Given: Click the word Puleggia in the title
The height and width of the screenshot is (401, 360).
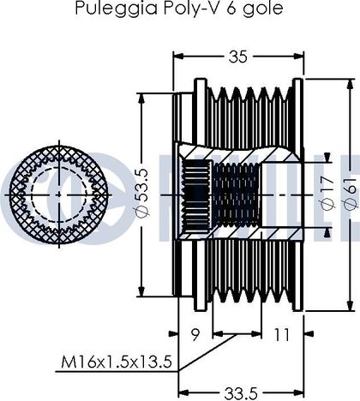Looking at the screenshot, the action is [x=116, y=8].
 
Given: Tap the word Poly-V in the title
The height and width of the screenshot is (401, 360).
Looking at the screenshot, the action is [x=192, y=8].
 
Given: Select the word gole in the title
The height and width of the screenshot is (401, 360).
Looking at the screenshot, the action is [x=263, y=9].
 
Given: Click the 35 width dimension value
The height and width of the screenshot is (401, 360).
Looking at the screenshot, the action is [x=237, y=57].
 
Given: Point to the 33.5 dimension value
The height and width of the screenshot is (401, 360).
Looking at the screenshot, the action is [x=241, y=394].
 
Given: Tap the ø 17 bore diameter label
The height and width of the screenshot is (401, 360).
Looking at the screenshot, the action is [x=327, y=193].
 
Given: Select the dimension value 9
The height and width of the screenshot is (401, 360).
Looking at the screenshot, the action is [x=195, y=334].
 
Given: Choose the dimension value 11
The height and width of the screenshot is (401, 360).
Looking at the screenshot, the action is [x=281, y=334].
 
